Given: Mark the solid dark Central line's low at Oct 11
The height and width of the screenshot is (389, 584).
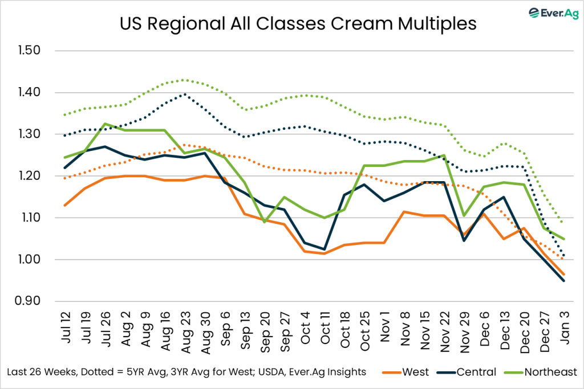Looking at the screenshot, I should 324,249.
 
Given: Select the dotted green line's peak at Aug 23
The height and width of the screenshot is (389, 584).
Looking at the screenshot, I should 184,80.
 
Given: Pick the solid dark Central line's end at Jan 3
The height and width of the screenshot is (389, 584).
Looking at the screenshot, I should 565,281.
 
